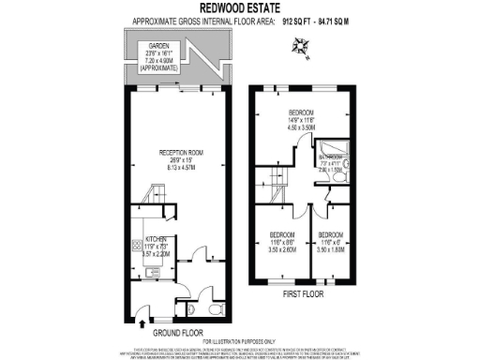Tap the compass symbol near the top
tap(301, 44)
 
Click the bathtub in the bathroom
tap(334, 154)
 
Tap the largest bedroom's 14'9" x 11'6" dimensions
tap(304, 121)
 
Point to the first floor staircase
tap(276, 173)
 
